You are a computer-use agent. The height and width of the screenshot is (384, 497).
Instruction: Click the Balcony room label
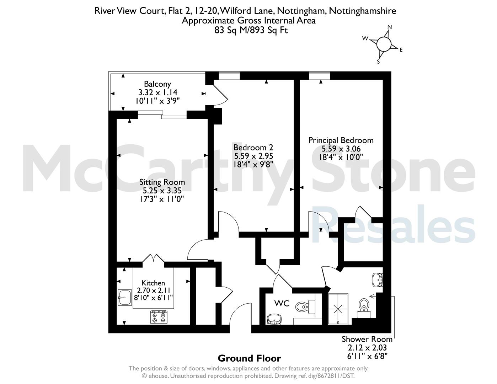tap(157, 84)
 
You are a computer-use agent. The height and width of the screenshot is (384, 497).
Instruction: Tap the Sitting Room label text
tap(162, 182)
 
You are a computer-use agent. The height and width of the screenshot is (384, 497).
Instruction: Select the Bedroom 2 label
tap(253, 147)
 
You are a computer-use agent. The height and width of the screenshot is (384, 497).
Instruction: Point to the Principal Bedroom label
tap(341, 140)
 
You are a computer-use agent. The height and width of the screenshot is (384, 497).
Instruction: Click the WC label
tap(282, 304)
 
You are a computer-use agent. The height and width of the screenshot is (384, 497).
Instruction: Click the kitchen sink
tap(125, 297)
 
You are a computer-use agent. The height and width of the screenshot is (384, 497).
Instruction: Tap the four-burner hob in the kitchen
tap(159, 317)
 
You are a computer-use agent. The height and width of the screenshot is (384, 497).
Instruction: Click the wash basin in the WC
tap(274, 319)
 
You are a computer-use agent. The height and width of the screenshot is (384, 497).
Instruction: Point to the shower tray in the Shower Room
tap(338, 309)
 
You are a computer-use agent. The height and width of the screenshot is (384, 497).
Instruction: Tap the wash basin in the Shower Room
tap(378, 280)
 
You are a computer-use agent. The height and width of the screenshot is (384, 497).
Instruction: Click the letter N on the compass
tap(390, 27)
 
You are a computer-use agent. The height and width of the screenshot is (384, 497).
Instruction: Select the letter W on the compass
tap(365, 38)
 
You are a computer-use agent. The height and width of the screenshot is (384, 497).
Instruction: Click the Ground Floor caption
tap(249, 358)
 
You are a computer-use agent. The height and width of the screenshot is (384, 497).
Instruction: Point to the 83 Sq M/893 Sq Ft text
tap(251, 30)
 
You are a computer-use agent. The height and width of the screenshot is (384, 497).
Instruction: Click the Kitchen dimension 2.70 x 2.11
tap(154, 290)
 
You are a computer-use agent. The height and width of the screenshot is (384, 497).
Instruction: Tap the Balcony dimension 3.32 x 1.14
tap(158, 92)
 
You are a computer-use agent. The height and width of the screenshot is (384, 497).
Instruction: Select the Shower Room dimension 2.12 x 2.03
tap(367, 348)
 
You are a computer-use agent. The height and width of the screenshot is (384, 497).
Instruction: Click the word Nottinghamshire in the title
tap(363, 11)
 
